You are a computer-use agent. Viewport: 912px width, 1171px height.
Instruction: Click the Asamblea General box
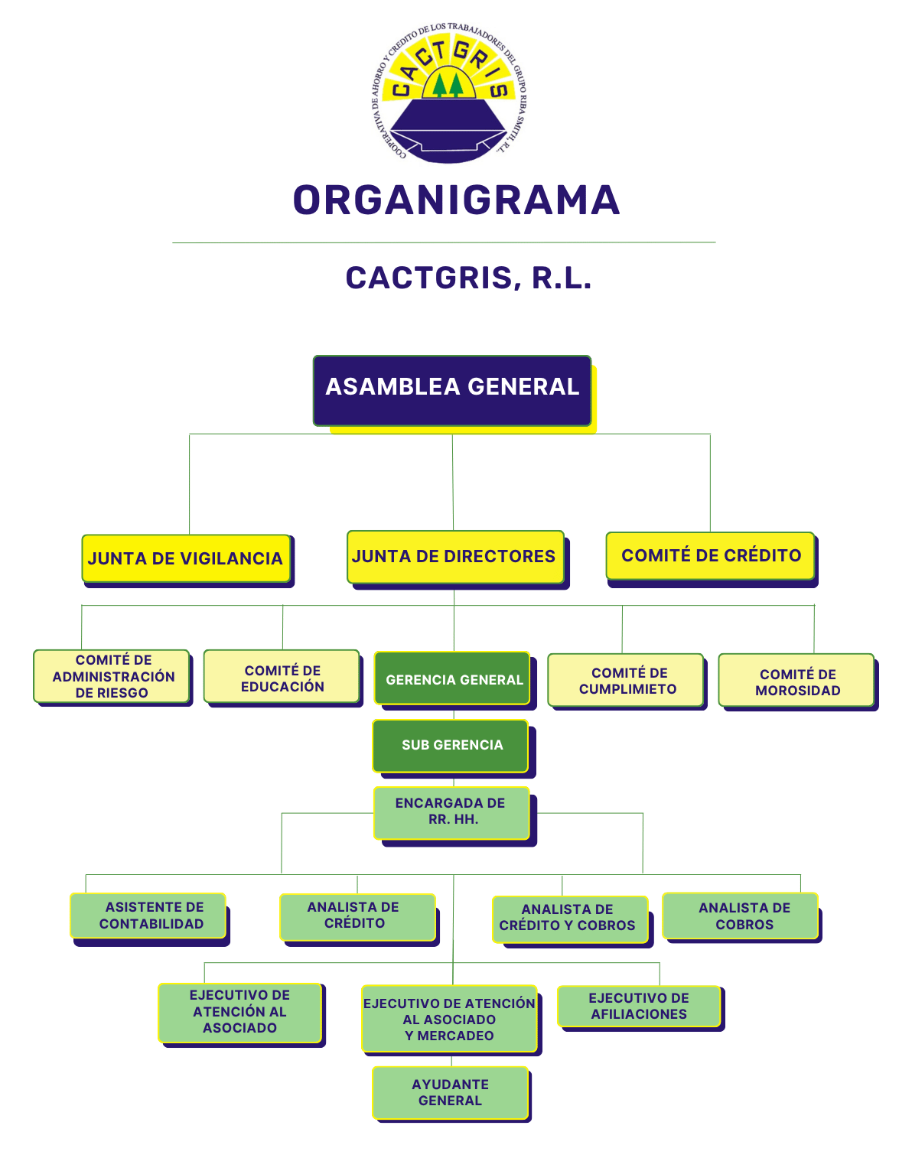pyautogui.click(x=451, y=391)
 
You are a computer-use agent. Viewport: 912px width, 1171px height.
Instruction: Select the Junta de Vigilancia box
pyautogui.click(x=186, y=558)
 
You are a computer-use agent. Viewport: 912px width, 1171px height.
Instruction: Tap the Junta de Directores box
pyautogui.click(x=455, y=557)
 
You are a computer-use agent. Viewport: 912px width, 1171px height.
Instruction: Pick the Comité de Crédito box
pyautogui.click(x=710, y=555)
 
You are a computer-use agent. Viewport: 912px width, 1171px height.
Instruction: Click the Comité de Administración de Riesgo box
pyautogui.click(x=112, y=676)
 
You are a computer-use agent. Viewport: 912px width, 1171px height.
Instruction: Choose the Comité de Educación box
pyautogui.click(x=282, y=676)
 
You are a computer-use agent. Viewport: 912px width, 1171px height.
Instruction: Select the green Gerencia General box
pyautogui.click(x=452, y=678)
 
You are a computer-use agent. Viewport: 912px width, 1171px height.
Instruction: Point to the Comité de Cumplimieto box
pyautogui.click(x=625, y=679)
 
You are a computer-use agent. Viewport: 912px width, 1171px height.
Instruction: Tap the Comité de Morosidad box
pyautogui.click(x=796, y=679)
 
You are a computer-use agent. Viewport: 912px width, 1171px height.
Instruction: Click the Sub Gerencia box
pyautogui.click(x=450, y=746)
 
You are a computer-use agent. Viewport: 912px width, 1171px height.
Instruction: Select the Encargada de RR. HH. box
pyautogui.click(x=451, y=812)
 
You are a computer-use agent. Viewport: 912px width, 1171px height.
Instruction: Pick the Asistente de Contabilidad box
pyautogui.click(x=148, y=916)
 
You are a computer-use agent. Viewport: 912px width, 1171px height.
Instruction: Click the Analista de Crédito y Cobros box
pyautogui.click(x=570, y=919)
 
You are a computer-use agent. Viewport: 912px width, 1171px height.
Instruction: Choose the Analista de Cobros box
pyautogui.click(x=740, y=916)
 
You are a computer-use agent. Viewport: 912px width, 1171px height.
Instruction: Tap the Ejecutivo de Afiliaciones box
pyautogui.click(x=640, y=1006)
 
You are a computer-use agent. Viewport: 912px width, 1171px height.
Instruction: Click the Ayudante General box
pyautogui.click(x=450, y=1092)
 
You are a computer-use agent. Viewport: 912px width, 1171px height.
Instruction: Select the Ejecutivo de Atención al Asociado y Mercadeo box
pyautogui.click(x=450, y=1019)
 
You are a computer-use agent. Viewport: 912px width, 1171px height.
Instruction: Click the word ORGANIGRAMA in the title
pyautogui.click(x=456, y=200)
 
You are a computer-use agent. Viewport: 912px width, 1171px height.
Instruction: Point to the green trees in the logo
pyautogui.click(x=448, y=85)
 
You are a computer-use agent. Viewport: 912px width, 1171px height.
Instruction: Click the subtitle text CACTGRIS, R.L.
pyautogui.click(x=468, y=278)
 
